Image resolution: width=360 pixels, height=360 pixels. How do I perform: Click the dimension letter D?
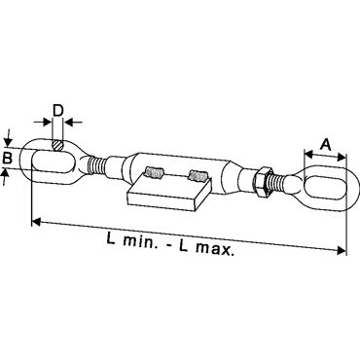[x=57, y=110]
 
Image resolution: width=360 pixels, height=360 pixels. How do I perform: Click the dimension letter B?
[x=7, y=158]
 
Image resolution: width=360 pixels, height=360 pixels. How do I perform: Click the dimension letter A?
[x=325, y=144]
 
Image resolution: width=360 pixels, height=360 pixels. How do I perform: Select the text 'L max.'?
[x=206, y=248]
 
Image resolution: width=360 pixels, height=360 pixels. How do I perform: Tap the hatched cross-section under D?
[x=57, y=145]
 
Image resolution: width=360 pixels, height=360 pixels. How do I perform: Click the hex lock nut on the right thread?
[x=262, y=182]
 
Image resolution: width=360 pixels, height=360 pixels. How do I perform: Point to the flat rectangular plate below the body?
[x=166, y=192]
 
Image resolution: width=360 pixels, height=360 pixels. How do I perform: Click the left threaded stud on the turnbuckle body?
[x=154, y=172]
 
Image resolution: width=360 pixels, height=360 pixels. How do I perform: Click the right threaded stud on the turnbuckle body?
[x=198, y=176]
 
